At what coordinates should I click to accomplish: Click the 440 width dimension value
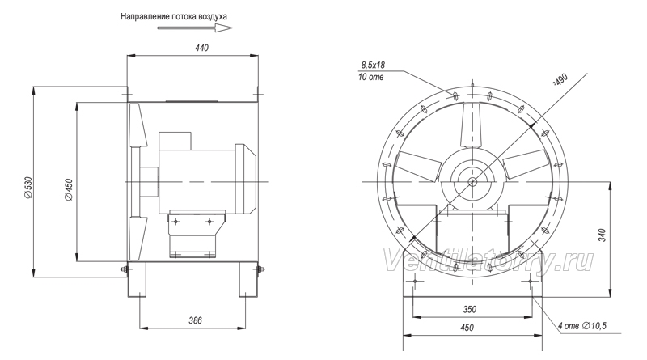point(201,48)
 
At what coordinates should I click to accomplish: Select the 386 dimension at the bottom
point(195,320)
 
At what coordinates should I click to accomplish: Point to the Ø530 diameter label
point(27,187)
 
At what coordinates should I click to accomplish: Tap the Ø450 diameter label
point(69,189)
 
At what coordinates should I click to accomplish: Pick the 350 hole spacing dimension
point(470,309)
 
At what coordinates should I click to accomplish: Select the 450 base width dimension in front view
point(467,328)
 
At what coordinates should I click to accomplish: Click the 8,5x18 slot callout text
point(373,65)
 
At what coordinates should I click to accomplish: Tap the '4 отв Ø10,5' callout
point(582,326)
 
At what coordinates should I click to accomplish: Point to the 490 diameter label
point(560,79)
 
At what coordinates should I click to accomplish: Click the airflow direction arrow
point(195,28)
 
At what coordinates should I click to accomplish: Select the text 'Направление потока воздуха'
point(174,16)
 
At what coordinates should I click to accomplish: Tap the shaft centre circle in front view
point(472,182)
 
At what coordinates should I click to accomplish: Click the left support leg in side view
point(137,279)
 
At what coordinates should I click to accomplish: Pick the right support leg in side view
point(249,279)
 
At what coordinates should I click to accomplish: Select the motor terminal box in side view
point(175,141)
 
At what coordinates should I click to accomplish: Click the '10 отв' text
point(370,77)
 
